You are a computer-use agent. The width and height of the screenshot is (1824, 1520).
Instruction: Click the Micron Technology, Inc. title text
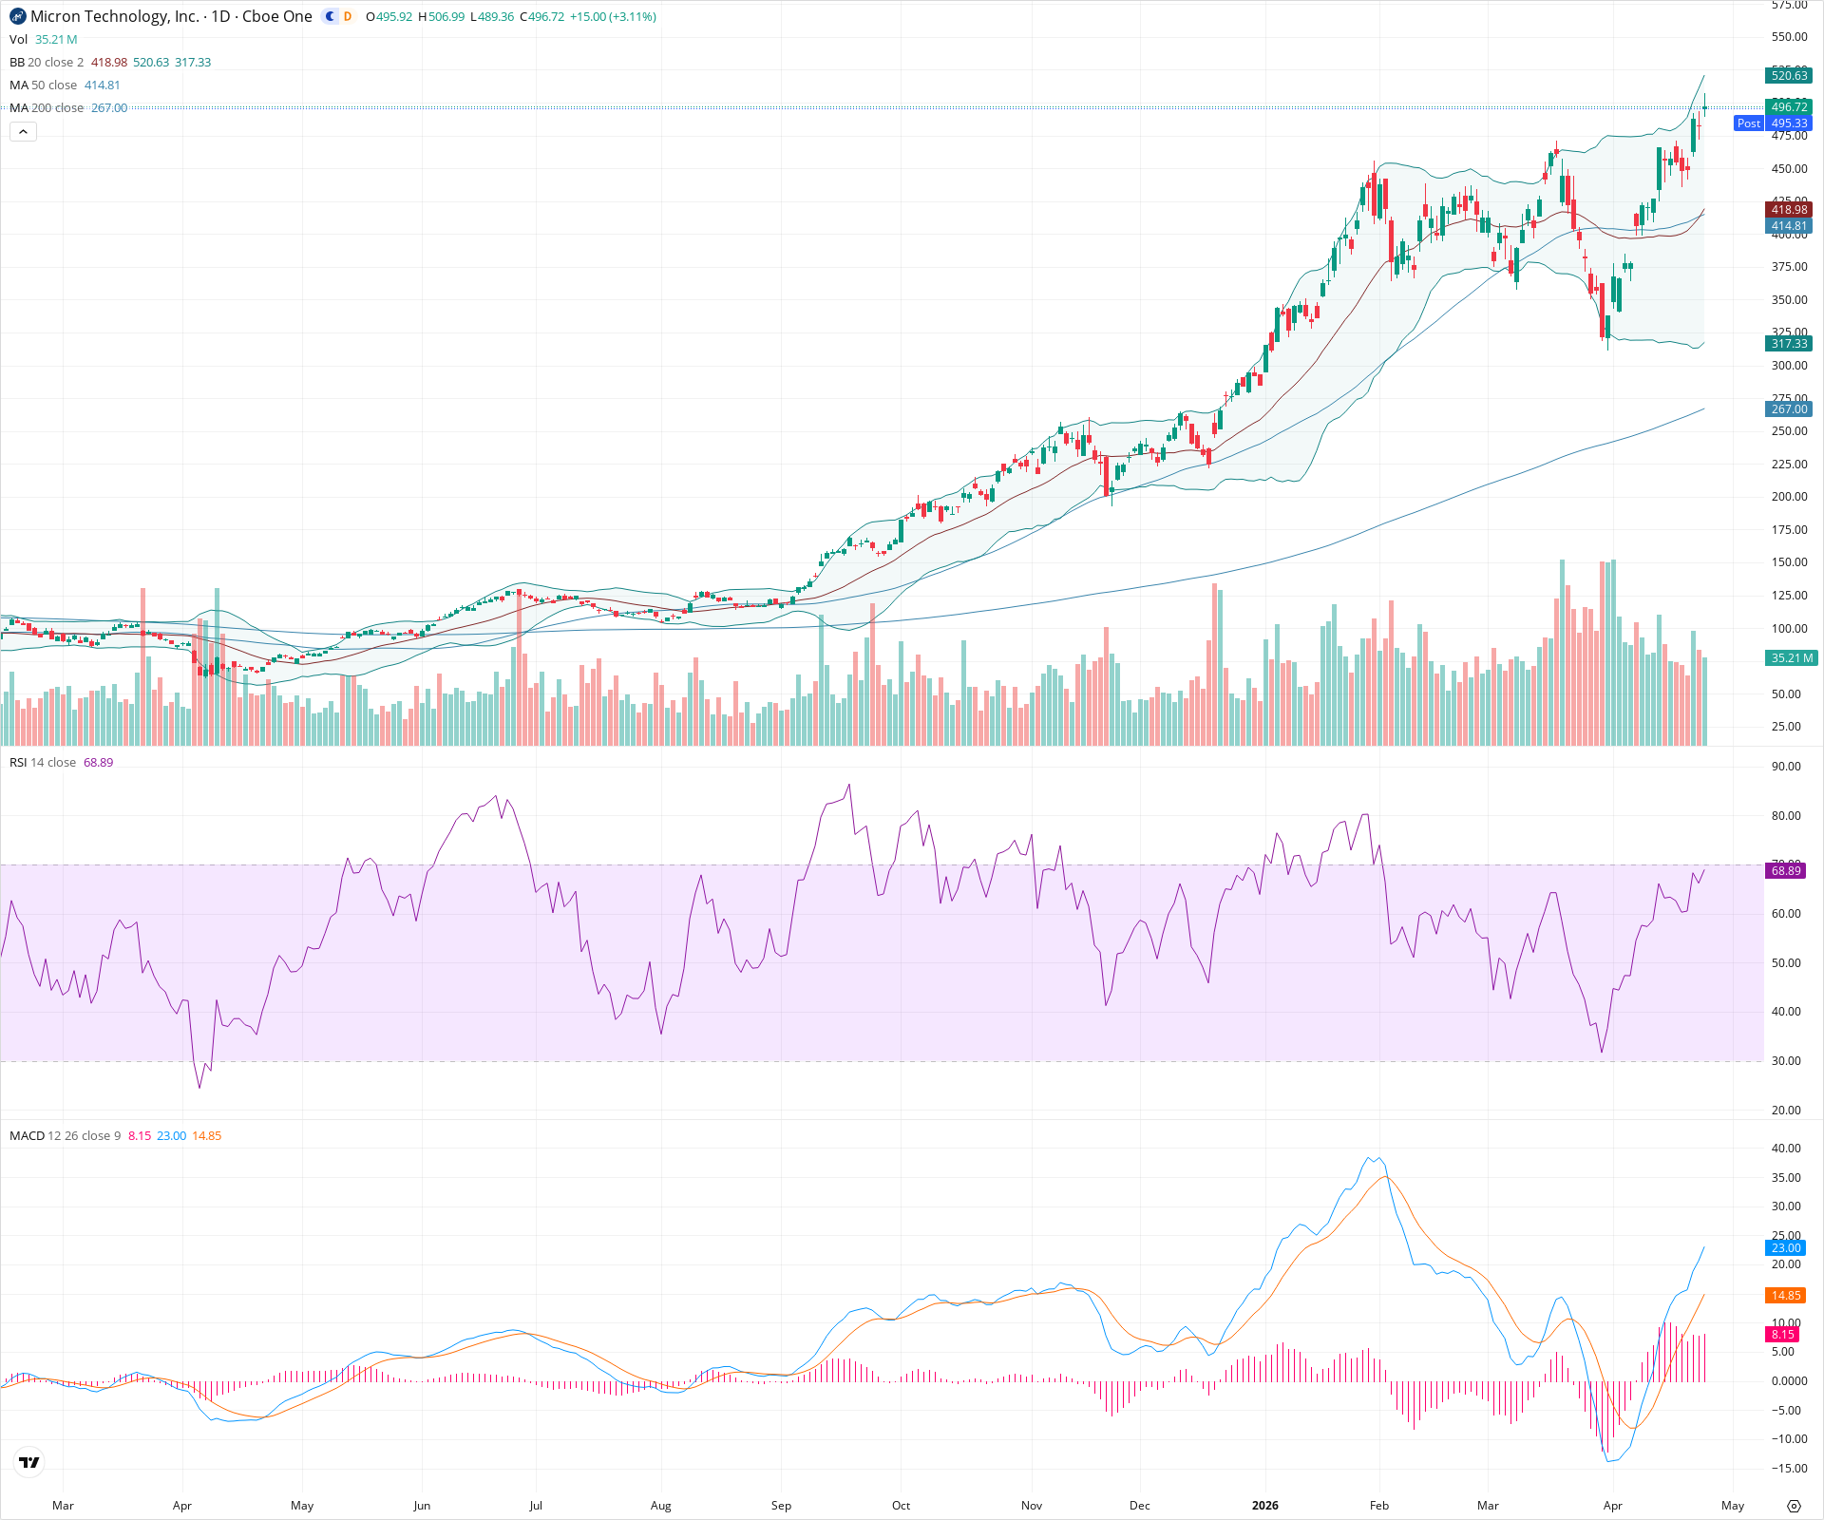115,16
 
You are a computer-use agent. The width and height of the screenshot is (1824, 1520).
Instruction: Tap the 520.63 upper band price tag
1789,76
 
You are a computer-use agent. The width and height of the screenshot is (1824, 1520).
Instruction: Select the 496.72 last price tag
1789,106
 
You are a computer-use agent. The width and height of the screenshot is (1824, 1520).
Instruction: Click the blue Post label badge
1748,123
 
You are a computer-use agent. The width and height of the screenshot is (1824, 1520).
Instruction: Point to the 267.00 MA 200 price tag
1789,409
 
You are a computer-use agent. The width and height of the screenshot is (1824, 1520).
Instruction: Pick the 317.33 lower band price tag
1789,344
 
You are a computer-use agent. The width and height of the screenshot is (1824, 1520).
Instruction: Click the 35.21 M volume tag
1792,657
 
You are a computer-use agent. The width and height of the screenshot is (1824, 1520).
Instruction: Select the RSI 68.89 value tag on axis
1786,870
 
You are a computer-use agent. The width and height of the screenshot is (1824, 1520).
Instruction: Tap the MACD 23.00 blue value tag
1786,1247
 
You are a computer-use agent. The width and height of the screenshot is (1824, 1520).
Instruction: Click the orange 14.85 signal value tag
1786,1296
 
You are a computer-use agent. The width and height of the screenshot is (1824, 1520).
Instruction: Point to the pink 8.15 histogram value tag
1783,1335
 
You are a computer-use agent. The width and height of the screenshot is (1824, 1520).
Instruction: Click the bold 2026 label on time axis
1264,1506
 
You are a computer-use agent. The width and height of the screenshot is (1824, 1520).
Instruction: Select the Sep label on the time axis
781,1506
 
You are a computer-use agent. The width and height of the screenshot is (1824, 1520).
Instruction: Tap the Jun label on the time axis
422,1506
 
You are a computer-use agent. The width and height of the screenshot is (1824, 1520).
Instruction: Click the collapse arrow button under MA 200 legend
24,132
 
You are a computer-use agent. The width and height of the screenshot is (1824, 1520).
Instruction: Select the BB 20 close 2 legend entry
47,62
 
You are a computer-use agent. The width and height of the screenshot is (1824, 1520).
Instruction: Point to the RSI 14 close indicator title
43,763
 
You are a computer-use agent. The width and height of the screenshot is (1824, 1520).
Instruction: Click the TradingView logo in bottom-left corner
29,1462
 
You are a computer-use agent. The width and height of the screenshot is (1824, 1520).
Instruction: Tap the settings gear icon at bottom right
1794,1506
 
